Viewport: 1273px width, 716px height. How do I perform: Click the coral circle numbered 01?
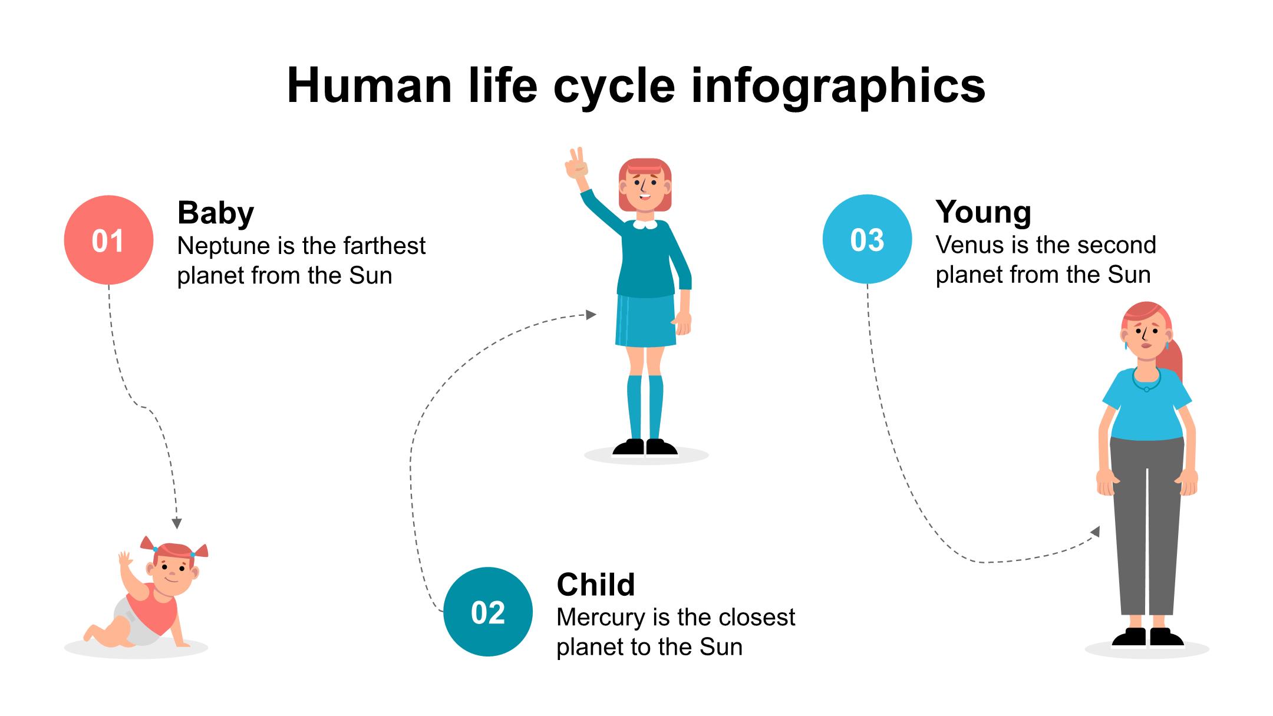click(x=108, y=240)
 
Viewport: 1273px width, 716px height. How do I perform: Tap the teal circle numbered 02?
click(x=488, y=612)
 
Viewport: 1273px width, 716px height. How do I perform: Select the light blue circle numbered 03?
click(x=867, y=239)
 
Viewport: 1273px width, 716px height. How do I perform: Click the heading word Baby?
click(x=216, y=213)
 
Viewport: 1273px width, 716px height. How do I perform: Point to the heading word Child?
click(x=596, y=585)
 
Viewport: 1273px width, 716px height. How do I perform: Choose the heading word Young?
click(x=983, y=212)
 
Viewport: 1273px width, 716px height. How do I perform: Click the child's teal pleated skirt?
click(x=646, y=321)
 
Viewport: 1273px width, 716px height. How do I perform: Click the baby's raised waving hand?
click(x=126, y=560)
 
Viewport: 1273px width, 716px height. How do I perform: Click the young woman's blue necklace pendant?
click(x=1146, y=389)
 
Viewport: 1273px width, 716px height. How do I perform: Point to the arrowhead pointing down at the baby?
click(x=177, y=523)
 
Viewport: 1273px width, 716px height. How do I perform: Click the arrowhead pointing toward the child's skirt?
click(x=591, y=315)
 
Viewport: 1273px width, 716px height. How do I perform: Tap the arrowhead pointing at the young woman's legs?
click(x=1095, y=532)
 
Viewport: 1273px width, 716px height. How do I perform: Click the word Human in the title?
click(x=370, y=87)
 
